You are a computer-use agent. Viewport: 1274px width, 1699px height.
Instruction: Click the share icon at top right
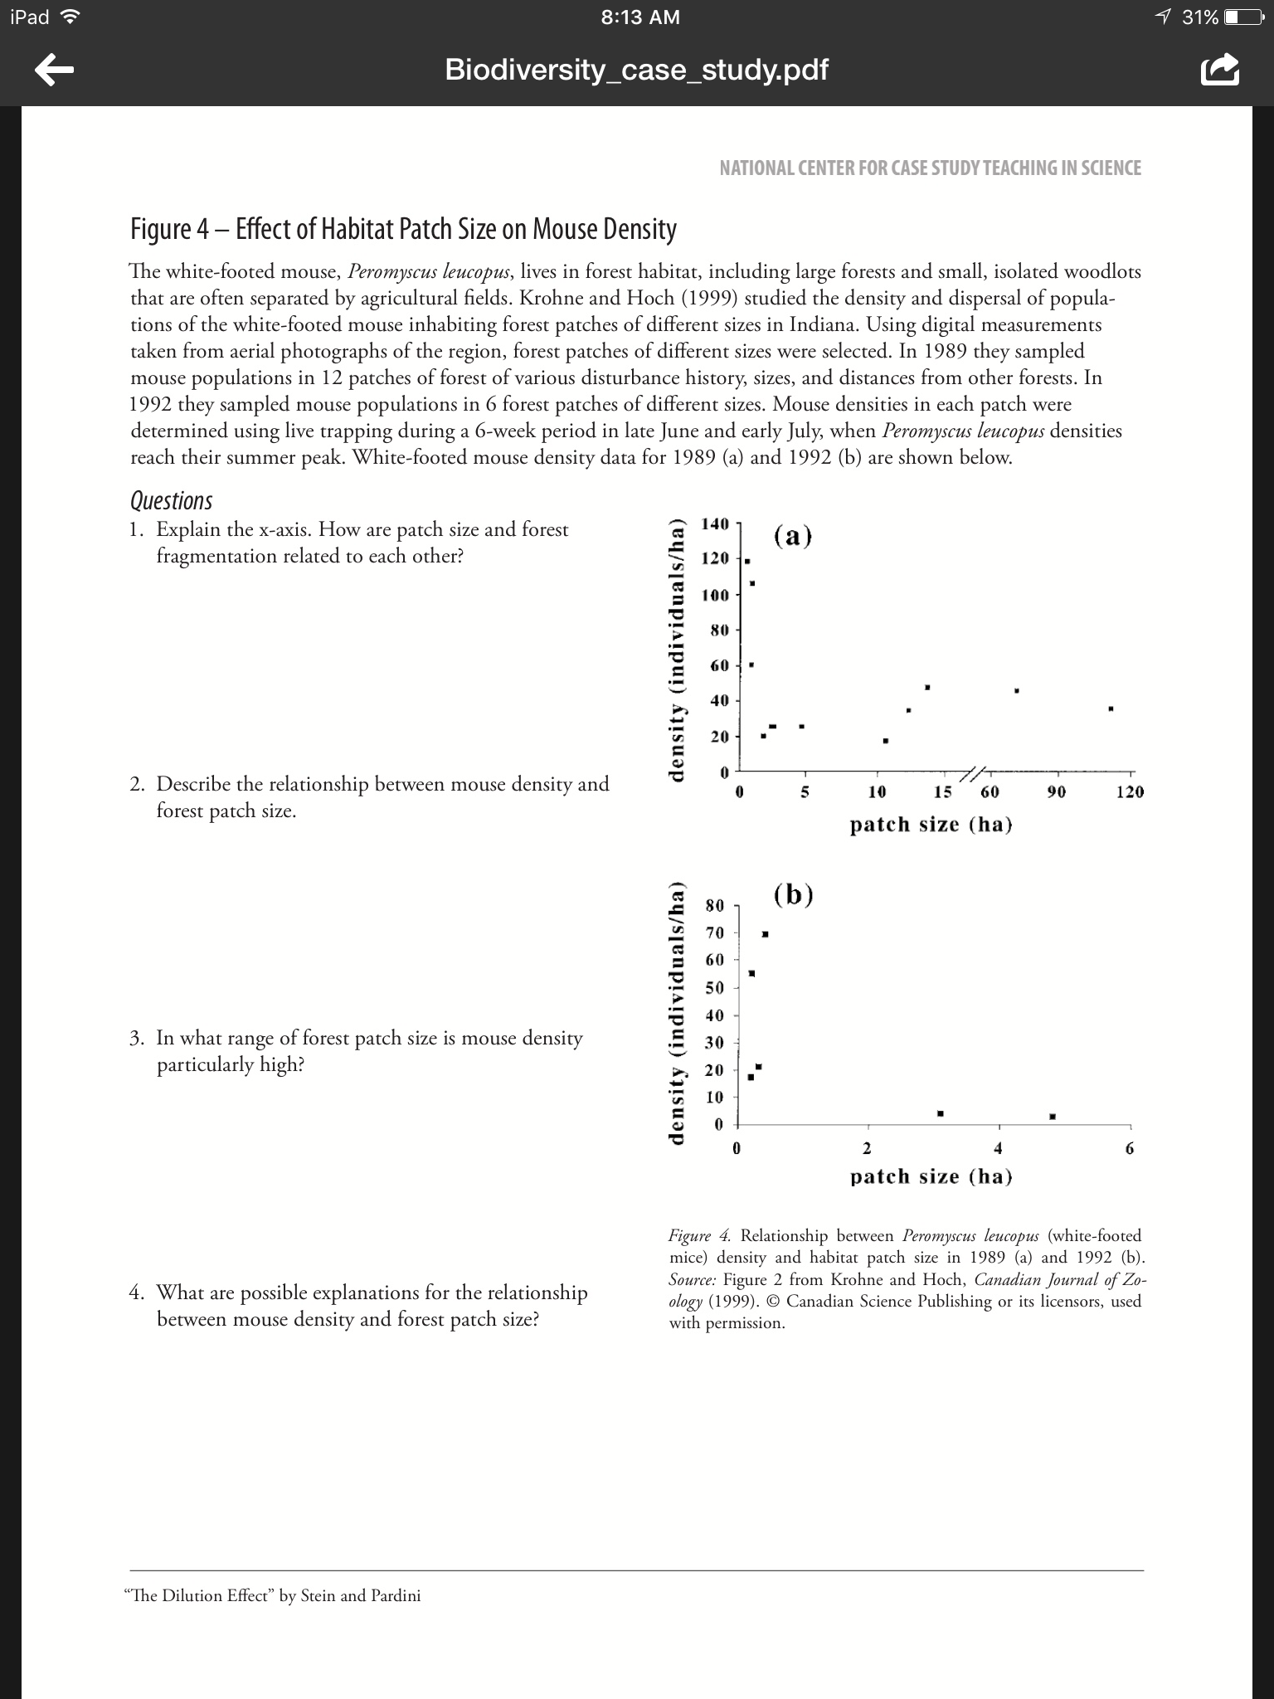tap(1219, 71)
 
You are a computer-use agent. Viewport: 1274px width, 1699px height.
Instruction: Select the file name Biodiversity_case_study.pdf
tap(636, 70)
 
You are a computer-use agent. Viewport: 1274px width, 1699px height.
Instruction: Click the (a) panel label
tap(793, 537)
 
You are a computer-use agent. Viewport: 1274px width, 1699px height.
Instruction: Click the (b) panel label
tap(793, 895)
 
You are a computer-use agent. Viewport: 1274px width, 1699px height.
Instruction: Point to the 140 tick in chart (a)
tap(714, 523)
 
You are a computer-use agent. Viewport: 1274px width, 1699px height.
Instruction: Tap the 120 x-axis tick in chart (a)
tap(1129, 792)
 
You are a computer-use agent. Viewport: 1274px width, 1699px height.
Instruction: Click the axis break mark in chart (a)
tap(972, 772)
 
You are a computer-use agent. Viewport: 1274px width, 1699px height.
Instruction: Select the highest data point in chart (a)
tap(746, 562)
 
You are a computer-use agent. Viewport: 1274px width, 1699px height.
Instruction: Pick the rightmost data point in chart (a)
tap(1111, 708)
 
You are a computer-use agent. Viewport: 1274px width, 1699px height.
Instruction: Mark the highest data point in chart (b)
tap(765, 934)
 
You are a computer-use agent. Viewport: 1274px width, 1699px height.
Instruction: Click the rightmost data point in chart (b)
tap(1053, 1117)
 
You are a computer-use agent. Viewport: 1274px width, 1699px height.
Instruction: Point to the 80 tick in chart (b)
tap(714, 905)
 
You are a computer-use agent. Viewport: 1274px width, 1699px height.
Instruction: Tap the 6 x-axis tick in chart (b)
tap(1129, 1149)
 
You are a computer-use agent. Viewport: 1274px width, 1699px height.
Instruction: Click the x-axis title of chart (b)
tap(931, 1176)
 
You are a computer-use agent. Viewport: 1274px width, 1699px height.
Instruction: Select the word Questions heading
tap(171, 501)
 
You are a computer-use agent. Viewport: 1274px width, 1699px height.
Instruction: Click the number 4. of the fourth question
tap(138, 1293)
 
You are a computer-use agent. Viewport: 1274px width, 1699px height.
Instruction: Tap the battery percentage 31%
tap(1199, 17)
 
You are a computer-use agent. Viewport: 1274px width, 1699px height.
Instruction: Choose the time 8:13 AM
tap(639, 17)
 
